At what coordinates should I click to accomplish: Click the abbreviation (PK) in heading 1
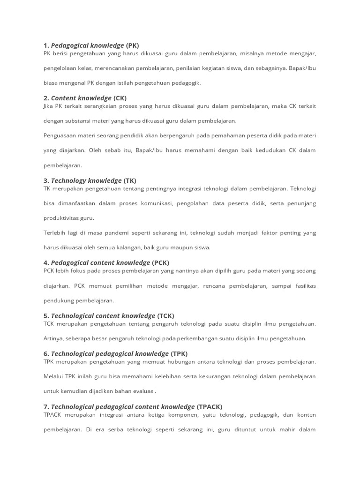[x=133, y=45]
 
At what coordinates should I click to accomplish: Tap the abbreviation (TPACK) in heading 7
[x=210, y=406]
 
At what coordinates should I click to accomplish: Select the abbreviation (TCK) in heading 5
[x=165, y=315]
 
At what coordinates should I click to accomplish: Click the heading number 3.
[x=46, y=180]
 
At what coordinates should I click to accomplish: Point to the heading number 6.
[x=46, y=353]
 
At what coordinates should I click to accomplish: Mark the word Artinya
[x=54, y=338]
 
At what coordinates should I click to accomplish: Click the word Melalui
[x=54, y=376]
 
